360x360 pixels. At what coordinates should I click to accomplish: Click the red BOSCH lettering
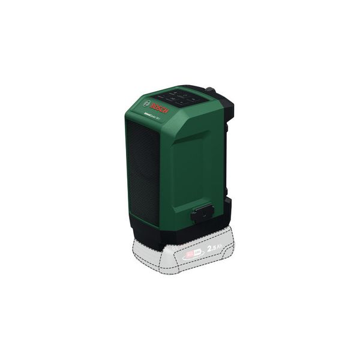point(160,109)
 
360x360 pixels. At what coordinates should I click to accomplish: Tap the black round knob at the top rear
point(211,92)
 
